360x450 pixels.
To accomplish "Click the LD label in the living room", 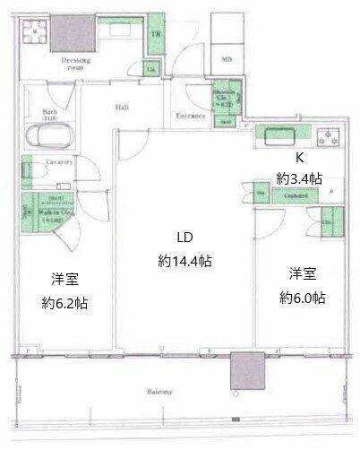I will point(184,238).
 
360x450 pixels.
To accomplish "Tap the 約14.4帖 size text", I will point(184,262).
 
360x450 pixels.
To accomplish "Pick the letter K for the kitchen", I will point(287,156).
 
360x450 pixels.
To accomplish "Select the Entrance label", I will point(190,117).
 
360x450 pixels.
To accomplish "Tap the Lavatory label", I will point(57,162).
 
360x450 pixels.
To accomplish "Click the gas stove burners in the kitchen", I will point(329,139).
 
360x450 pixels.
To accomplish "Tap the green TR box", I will point(156,33).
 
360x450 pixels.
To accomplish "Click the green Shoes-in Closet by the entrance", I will point(222,102).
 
